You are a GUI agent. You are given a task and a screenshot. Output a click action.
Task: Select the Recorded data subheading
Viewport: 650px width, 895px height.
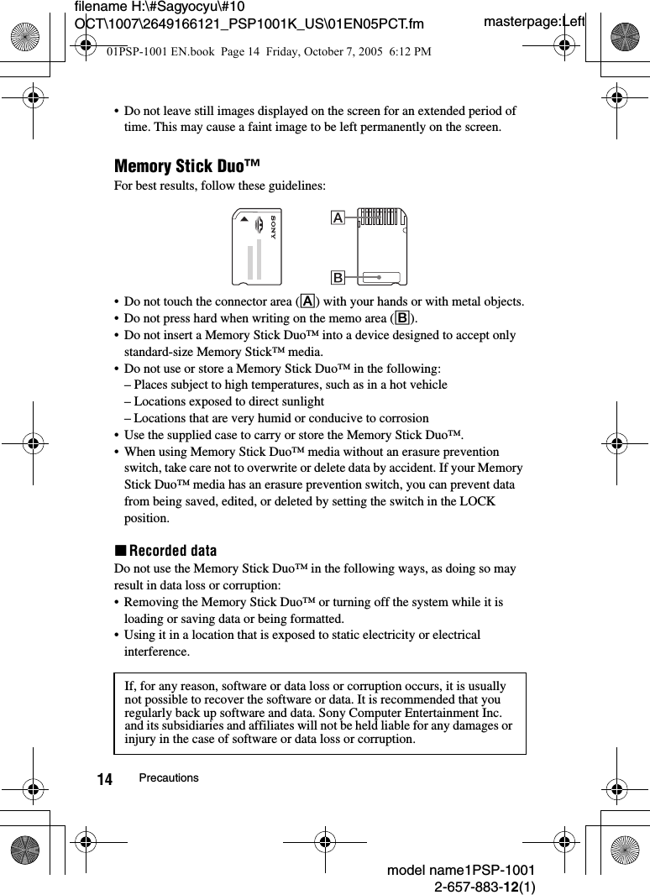[165, 551]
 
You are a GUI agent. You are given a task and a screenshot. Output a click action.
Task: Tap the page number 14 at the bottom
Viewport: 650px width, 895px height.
[104, 779]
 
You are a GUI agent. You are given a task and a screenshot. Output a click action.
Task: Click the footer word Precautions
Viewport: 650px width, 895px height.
[169, 778]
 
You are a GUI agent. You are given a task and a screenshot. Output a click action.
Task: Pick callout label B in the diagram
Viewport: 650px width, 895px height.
[338, 276]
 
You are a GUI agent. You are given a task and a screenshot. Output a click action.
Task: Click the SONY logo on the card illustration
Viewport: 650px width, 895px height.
[272, 228]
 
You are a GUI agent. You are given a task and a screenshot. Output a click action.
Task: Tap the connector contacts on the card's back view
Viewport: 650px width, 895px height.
[382, 217]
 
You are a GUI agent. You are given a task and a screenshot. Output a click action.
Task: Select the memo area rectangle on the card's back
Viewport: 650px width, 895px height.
[384, 276]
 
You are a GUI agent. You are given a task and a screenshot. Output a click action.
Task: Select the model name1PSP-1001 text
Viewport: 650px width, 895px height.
[461, 871]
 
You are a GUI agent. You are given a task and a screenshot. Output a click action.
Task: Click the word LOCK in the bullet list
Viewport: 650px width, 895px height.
[479, 501]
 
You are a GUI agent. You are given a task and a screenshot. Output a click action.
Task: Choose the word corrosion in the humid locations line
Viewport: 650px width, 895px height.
[402, 418]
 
